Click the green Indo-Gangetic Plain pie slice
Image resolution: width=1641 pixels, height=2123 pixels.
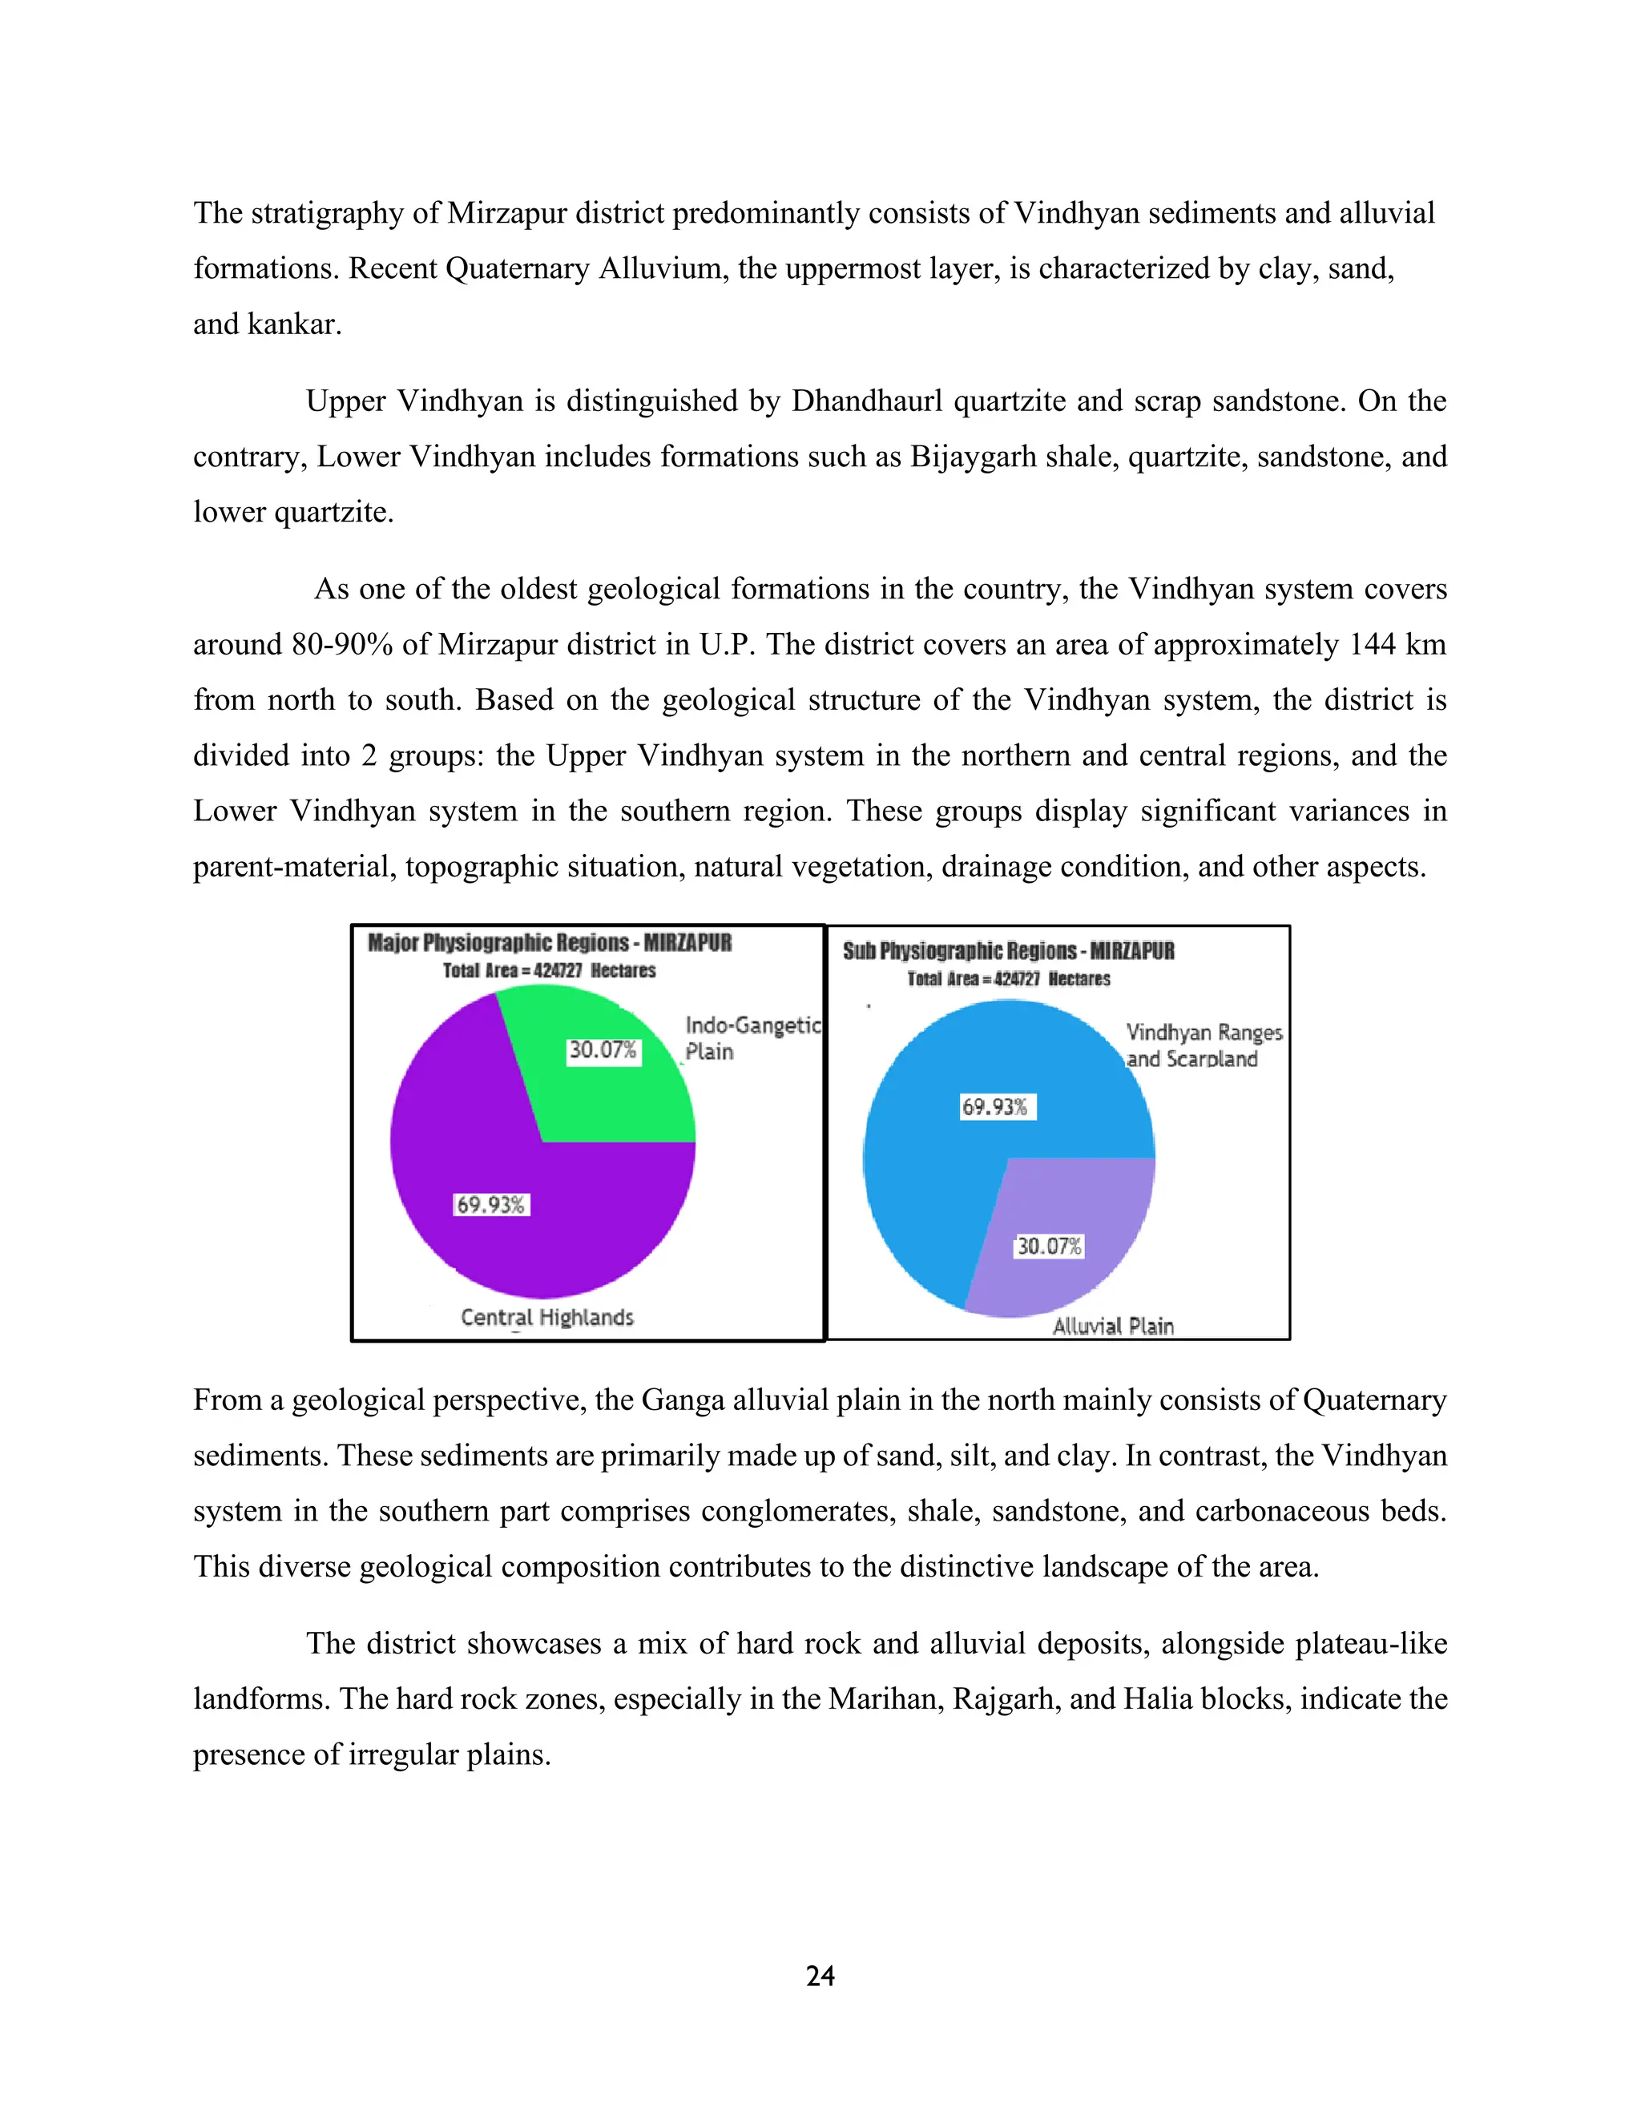pyautogui.click(x=622, y=1098)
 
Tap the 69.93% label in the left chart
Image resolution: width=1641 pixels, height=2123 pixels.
pyautogui.click(x=491, y=1206)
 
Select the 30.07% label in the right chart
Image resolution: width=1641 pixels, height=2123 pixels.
pyautogui.click(x=1049, y=1247)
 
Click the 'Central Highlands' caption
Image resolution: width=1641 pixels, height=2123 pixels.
pyautogui.click(x=547, y=1317)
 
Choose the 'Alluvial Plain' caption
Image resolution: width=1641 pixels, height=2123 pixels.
pyautogui.click(x=1113, y=1326)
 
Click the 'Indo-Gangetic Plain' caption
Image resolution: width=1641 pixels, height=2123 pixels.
pyautogui.click(x=752, y=1038)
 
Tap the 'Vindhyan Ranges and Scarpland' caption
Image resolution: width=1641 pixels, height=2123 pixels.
pyautogui.click(x=1203, y=1046)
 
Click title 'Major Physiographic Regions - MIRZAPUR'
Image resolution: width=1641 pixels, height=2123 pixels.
pyautogui.click(x=549, y=943)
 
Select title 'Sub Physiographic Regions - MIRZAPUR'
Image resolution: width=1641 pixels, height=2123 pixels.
pyautogui.click(x=1008, y=951)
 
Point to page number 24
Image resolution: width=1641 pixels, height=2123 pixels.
pyautogui.click(x=820, y=1976)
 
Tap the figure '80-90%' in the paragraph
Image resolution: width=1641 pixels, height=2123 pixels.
pyautogui.click(x=342, y=644)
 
